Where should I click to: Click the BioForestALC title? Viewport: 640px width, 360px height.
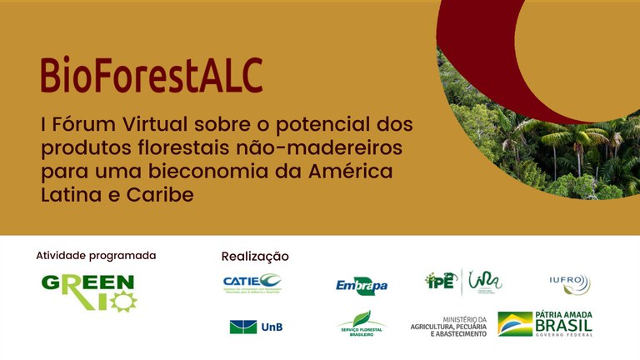[x=151, y=75]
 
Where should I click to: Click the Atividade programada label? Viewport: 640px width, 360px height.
[x=96, y=256]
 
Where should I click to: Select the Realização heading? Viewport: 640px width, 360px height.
[x=255, y=257]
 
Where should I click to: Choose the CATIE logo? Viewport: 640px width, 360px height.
[x=252, y=283]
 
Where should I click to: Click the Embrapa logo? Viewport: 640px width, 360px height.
[x=362, y=286]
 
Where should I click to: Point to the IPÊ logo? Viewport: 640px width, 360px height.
[x=441, y=282]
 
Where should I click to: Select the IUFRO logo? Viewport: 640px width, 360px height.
[x=570, y=283]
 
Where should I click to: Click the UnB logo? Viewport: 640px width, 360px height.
[x=256, y=327]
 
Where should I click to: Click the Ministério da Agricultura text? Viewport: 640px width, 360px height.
[x=447, y=326]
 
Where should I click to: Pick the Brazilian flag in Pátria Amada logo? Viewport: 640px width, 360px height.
[x=515, y=324]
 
